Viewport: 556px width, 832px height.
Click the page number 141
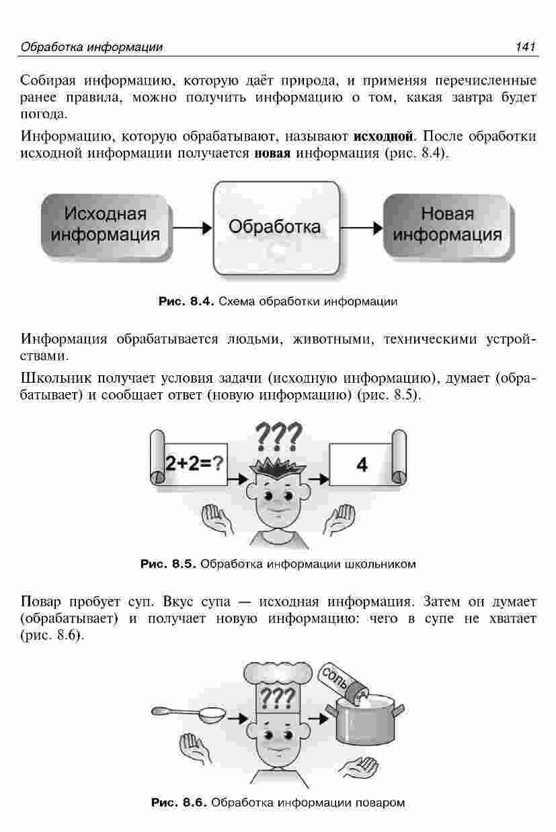[525, 47]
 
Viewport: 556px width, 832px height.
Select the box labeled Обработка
[276, 228]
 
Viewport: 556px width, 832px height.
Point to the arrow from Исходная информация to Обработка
[192, 228]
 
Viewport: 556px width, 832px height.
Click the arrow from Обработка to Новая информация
[362, 228]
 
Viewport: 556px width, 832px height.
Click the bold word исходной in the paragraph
[383, 136]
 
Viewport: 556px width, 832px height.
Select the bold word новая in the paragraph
[272, 153]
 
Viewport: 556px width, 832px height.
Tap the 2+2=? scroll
[188, 458]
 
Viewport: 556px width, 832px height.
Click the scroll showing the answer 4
[368, 458]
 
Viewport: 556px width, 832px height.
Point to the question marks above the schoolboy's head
[278, 436]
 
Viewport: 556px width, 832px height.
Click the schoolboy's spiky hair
[278, 469]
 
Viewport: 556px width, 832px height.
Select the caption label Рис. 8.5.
[168, 564]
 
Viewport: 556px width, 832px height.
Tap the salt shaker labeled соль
[342, 680]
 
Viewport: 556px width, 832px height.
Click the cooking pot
[365, 719]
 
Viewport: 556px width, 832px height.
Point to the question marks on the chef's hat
[278, 698]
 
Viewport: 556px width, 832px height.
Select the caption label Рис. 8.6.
[179, 802]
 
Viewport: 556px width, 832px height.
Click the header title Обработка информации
[92, 47]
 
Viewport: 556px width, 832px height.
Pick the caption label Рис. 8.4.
[187, 301]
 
